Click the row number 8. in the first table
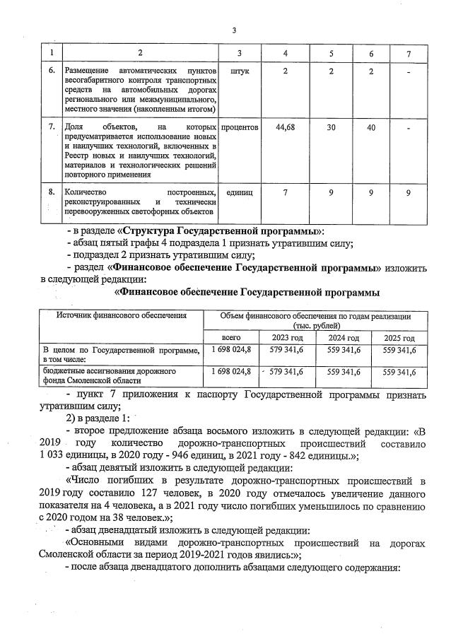[51, 192]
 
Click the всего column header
[230, 337]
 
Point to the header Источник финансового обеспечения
[117, 316]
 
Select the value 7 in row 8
[285, 192]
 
